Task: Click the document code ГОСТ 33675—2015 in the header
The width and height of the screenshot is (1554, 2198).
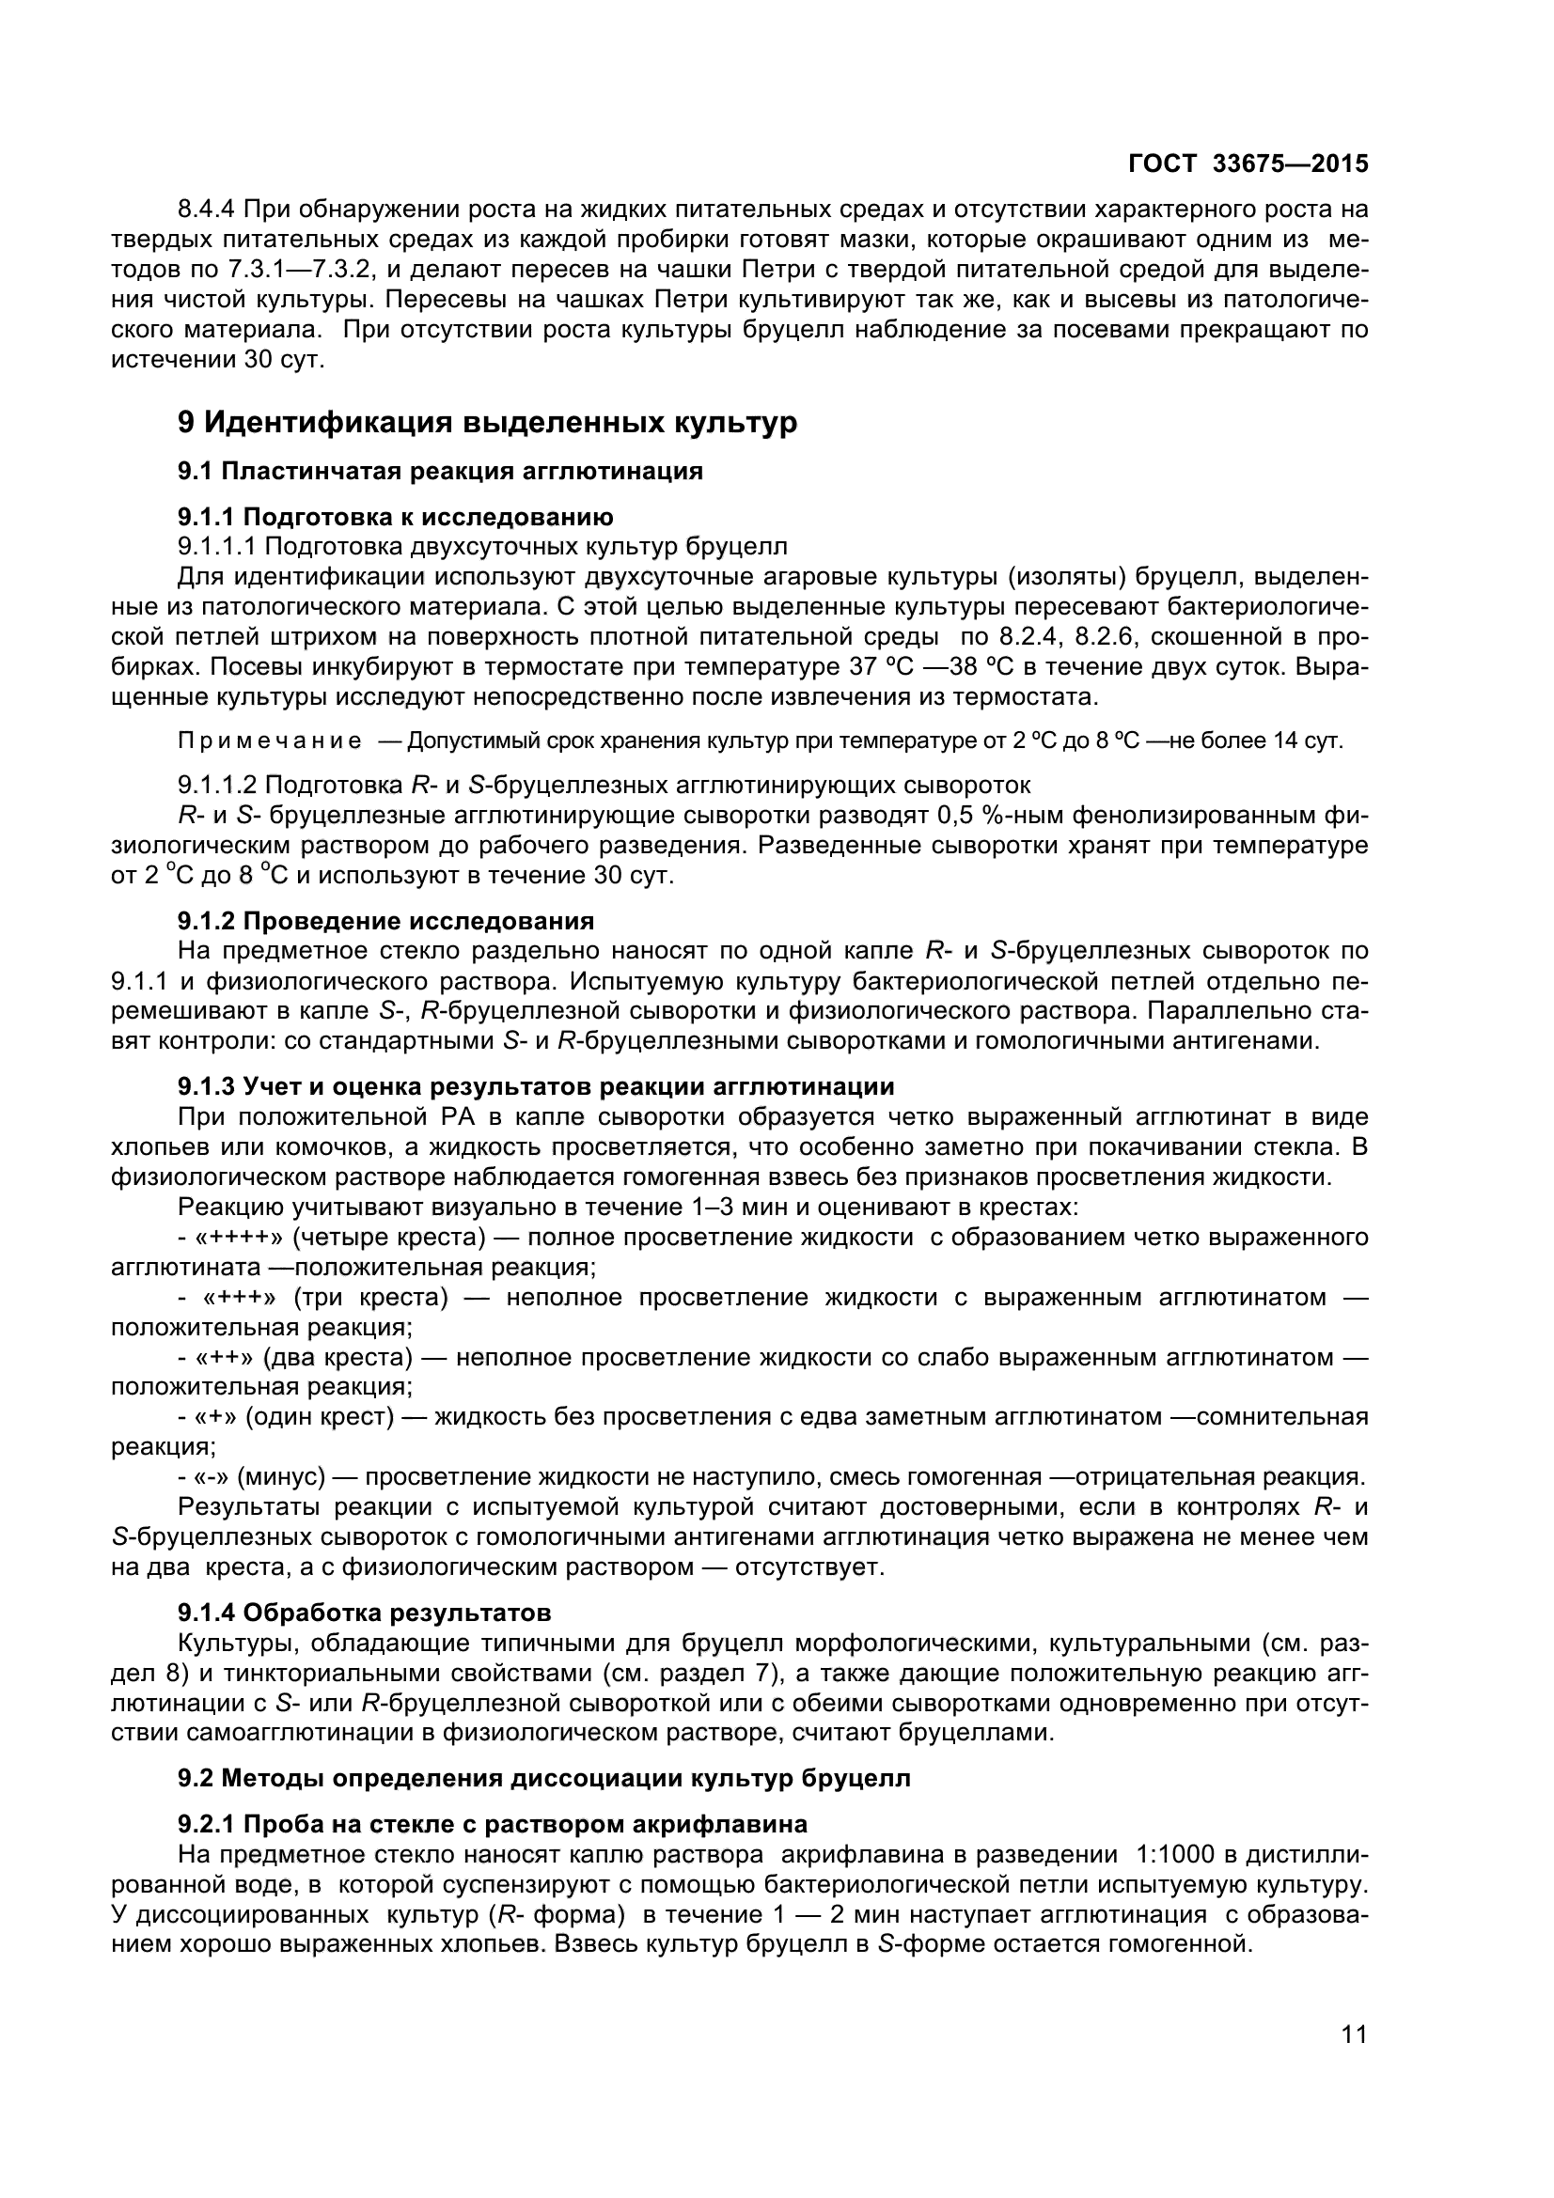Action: coord(1248,164)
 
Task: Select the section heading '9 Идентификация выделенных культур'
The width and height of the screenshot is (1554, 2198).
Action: coord(487,422)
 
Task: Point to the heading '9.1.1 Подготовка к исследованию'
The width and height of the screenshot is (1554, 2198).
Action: coord(396,517)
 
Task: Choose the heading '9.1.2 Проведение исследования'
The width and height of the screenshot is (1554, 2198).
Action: coord(385,921)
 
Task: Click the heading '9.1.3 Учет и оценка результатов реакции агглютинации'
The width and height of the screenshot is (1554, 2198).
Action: coord(536,1086)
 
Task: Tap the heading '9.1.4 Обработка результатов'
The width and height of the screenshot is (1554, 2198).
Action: coord(365,1613)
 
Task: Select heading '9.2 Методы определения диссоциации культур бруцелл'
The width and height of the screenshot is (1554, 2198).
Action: coord(543,1779)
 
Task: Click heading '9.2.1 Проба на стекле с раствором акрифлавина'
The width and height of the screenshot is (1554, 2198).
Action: coord(493,1825)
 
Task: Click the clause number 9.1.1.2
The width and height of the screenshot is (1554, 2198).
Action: coord(217,786)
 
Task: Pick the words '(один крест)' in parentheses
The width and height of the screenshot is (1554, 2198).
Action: coord(320,1417)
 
